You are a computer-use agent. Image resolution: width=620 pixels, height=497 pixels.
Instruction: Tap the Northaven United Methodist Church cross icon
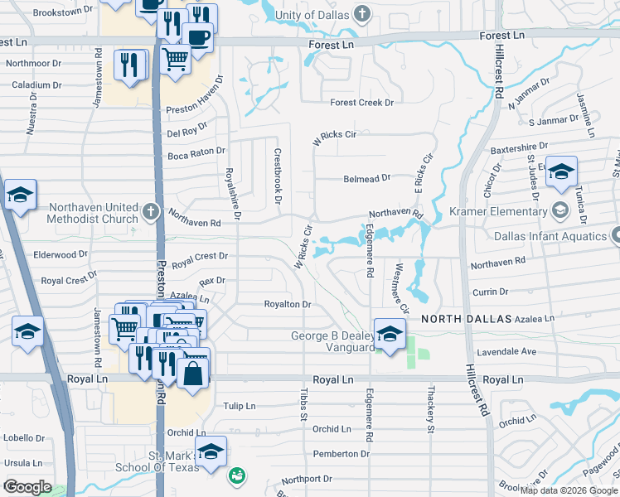[150, 211]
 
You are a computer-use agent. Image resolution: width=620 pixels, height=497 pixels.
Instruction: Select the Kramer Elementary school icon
[559, 210]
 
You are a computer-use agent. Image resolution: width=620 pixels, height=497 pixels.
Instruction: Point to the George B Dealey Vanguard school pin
[387, 334]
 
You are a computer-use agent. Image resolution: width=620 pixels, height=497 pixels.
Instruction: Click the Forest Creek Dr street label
[361, 103]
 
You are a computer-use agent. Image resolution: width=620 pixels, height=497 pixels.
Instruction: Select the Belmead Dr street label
[366, 178]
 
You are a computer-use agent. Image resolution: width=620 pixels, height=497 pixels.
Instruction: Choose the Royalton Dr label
[287, 305]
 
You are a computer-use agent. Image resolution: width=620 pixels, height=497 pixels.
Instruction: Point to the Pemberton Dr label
[341, 454]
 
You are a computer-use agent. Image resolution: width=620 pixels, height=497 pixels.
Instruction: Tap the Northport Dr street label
[306, 479]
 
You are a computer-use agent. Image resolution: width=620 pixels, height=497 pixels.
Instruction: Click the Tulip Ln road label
[240, 406]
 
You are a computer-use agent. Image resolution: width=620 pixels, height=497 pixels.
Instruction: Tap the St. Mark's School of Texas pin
[211, 451]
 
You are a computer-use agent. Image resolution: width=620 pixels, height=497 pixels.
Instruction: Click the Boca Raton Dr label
[196, 152]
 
